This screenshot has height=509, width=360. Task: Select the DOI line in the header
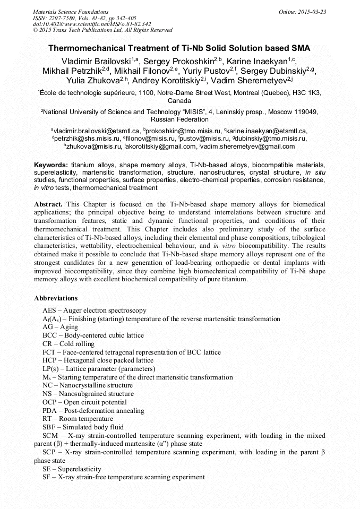pyautogui.click(x=92, y=24)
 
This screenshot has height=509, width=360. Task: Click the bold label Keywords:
pyautogui.click(x=51, y=165)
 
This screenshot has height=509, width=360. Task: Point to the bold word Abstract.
pyautogui.click(x=48, y=204)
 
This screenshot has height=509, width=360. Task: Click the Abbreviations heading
pyautogui.click(x=56, y=298)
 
